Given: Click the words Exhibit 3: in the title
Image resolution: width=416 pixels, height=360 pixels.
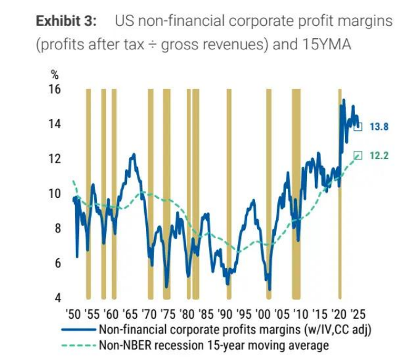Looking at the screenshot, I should [x=66, y=22].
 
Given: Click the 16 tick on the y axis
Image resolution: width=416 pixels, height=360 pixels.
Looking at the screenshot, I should [x=55, y=89].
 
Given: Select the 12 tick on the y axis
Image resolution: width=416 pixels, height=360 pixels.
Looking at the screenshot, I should [x=55, y=159].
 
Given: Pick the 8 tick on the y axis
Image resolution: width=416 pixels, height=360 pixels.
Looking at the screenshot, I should [x=57, y=229].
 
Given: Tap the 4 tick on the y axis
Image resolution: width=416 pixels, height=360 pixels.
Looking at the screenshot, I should [x=57, y=298].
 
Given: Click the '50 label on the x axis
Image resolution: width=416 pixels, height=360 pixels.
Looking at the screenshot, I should [x=74, y=313].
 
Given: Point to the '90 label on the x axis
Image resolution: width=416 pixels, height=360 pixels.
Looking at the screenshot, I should [x=226, y=313].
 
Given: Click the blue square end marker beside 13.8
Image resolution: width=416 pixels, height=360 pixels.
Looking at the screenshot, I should [x=358, y=126].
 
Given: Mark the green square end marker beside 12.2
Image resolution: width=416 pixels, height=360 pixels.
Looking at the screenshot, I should [x=358, y=155].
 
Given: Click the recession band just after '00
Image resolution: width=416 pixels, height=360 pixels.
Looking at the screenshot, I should [x=268, y=197].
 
